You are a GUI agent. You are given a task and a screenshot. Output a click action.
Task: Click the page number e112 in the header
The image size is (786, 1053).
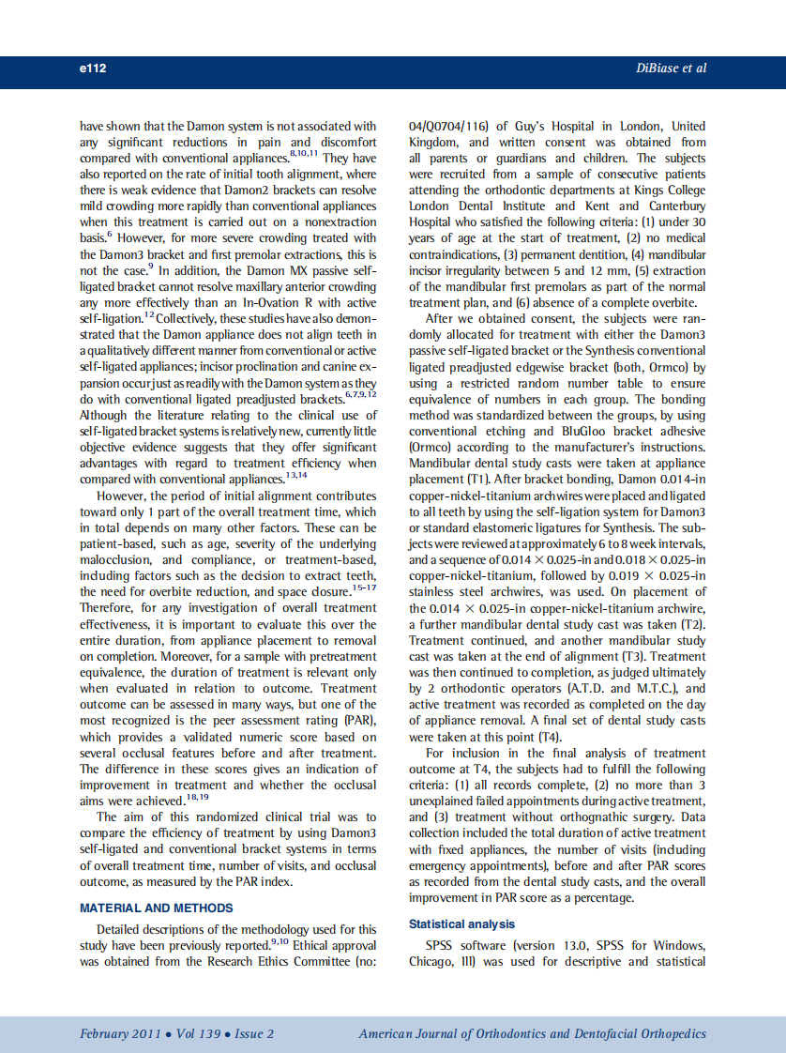coord(93,69)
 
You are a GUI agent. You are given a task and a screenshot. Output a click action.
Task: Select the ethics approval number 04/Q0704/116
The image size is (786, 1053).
coord(449,126)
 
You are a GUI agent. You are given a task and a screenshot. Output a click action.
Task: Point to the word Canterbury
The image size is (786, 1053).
coord(670,206)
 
